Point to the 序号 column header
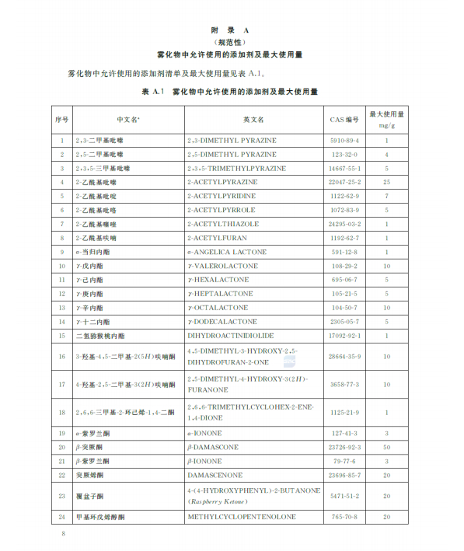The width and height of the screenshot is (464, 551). [x=62, y=120]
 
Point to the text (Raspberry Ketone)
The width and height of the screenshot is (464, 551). [x=222, y=502]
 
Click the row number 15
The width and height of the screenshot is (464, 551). [x=62, y=336]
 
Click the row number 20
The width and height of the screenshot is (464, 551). [x=62, y=448]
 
